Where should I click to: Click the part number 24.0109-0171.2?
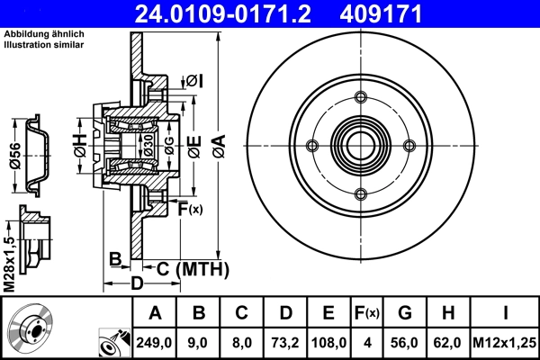point(237,13)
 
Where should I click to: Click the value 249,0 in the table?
point(156,343)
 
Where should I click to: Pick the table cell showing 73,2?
point(285,343)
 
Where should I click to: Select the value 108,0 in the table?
point(328,343)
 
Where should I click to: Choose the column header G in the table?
point(405,313)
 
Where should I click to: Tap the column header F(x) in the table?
point(366,313)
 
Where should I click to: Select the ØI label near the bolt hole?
point(194,82)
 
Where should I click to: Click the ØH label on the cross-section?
point(79,143)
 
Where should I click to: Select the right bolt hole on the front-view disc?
point(409,146)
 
